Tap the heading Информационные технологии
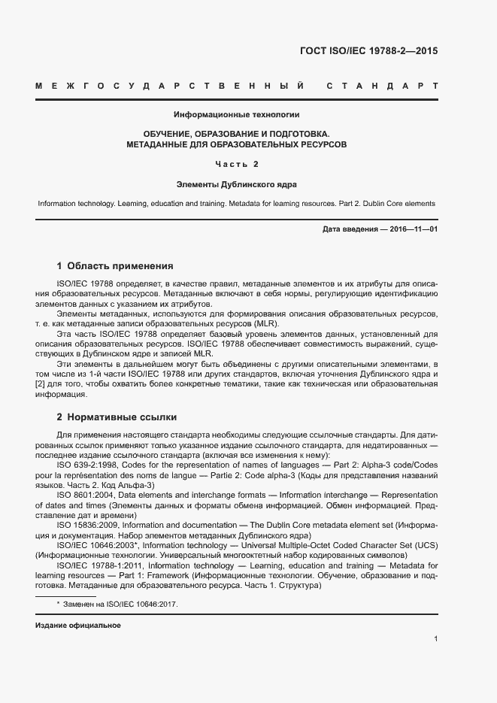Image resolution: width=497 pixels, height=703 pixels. (237, 115)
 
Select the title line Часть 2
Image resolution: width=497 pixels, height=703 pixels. (237, 163)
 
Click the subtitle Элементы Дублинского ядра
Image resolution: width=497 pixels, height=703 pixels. (237, 183)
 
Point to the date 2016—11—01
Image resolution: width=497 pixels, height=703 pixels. (412, 229)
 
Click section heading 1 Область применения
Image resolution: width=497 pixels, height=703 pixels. (115, 265)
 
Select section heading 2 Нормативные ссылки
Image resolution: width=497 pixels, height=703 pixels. (117, 417)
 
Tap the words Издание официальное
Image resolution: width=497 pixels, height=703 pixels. (78, 626)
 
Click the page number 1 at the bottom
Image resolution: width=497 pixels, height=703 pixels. (435, 638)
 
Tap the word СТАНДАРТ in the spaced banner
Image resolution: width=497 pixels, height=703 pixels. (382, 86)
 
